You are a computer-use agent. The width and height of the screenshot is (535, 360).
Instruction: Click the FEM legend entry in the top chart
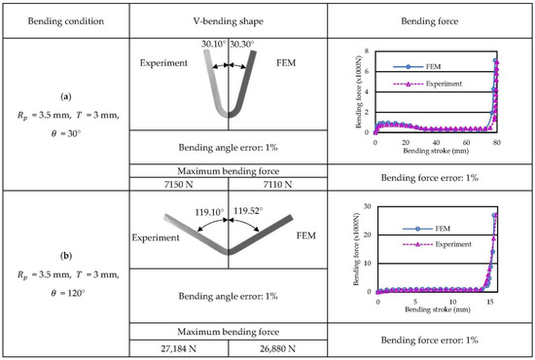coord(428,67)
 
